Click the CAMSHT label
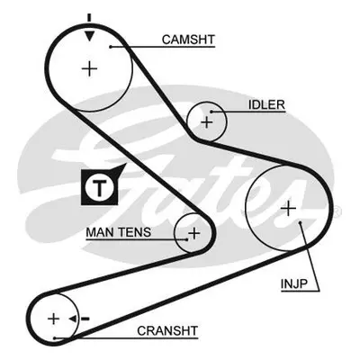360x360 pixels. coord(188,40)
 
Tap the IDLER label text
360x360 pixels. coord(266,105)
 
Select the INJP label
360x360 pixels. coord(294,283)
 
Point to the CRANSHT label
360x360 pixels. coord(167,330)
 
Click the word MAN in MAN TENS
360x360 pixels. coord(100,232)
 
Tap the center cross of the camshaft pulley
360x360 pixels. coord(89,69)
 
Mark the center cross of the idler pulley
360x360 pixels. coord(206,122)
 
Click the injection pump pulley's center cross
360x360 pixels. coord(289,208)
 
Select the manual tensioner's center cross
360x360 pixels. coord(194,233)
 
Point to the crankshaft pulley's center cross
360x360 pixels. coord(54,319)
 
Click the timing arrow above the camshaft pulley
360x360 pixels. coord(89,28)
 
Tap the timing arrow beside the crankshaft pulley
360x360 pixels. coord(78,319)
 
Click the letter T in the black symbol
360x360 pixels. coord(99,188)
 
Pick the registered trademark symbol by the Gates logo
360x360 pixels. coord(337,211)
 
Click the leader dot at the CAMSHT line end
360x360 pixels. coord(111,47)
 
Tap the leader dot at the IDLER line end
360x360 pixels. coord(211,112)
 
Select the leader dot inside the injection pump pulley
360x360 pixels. coord(300,222)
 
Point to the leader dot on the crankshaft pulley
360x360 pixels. coord(55,338)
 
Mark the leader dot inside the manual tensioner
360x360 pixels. coord(187,239)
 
